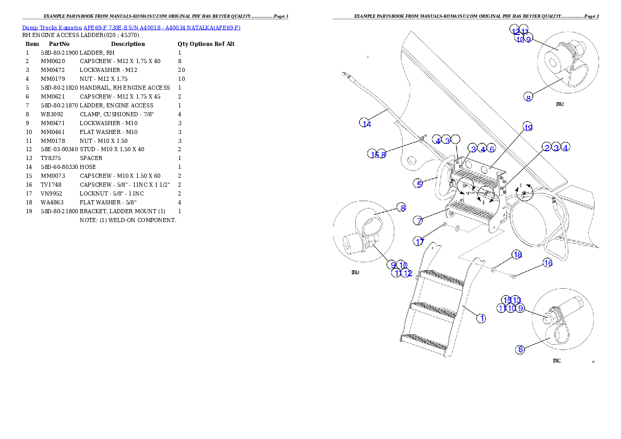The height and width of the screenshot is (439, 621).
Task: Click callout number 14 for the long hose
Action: pos(366,123)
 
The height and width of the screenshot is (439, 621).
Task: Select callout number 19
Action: pos(528,128)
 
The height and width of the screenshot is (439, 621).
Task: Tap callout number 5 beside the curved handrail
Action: pos(419,184)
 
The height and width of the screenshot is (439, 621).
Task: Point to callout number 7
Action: pos(419,221)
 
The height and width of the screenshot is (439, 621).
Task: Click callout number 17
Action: pos(420,241)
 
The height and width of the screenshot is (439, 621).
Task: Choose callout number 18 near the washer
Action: pos(517,255)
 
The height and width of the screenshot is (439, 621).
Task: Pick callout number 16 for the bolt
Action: pos(548,263)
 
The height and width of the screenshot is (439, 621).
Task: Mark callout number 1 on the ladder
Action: pos(481,318)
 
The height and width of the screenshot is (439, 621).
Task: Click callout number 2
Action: pos(546,148)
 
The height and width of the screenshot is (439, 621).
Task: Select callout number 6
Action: pos(492,149)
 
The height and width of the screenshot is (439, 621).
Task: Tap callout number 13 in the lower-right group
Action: pos(517,300)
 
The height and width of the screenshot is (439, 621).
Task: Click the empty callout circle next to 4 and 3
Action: pos(456,139)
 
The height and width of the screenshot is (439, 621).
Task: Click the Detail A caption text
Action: pos(355,272)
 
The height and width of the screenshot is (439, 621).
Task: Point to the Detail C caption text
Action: pos(556,360)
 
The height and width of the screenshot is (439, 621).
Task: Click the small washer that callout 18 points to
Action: pos(494,270)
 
